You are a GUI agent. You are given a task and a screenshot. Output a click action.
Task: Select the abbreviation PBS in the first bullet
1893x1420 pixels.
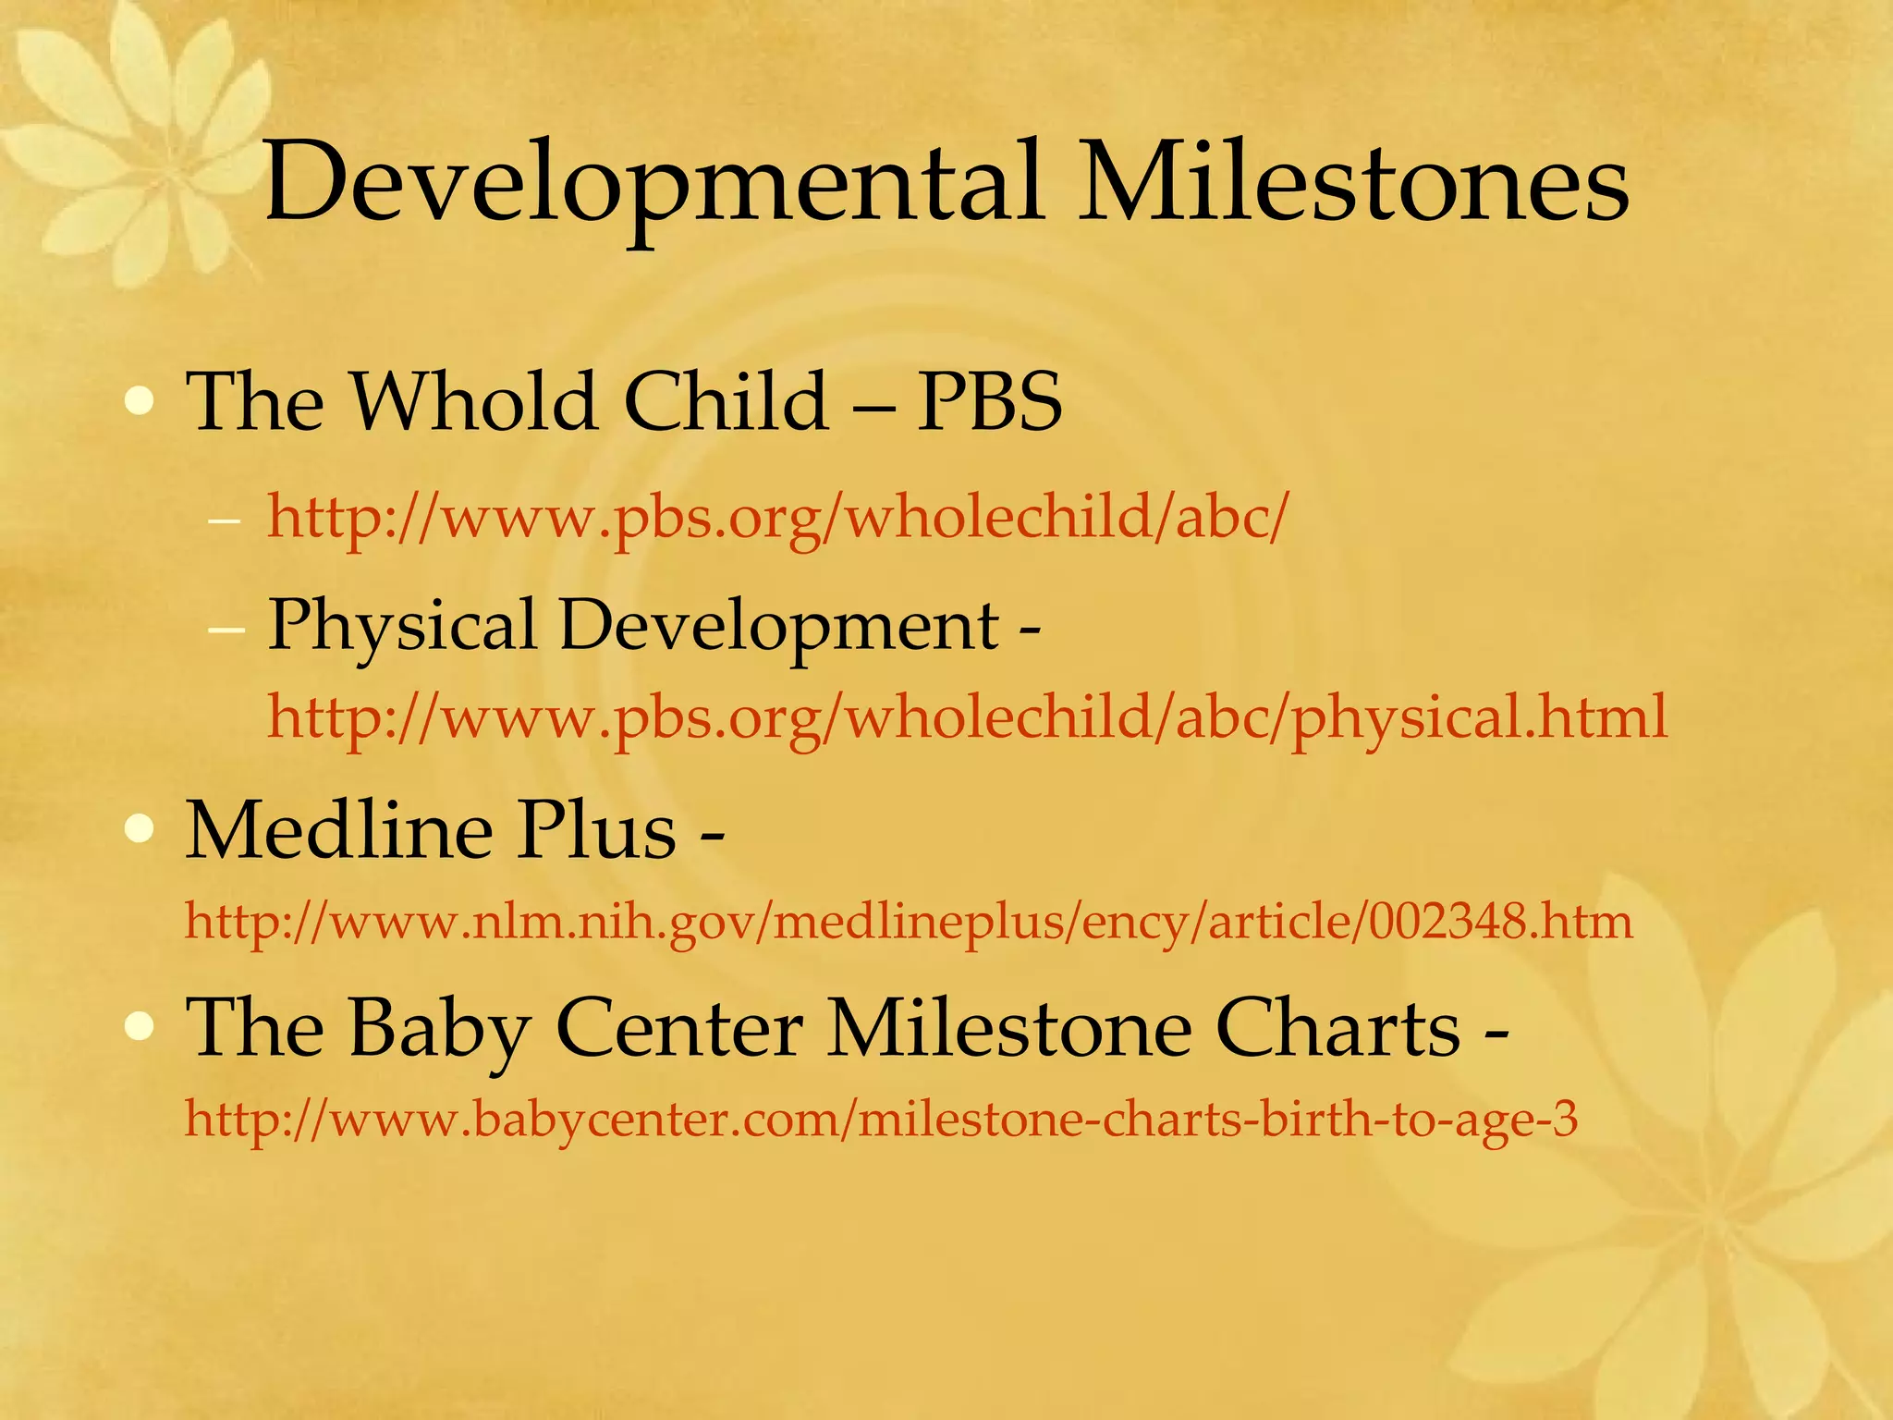pos(989,403)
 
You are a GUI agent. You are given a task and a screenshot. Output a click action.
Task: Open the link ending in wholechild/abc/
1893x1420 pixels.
pos(776,518)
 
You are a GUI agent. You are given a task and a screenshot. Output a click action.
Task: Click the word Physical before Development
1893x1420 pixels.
pos(402,627)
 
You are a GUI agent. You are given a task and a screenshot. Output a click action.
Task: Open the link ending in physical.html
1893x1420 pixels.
pos(967,717)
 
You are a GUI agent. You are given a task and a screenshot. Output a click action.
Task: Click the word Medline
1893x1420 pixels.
pos(338,830)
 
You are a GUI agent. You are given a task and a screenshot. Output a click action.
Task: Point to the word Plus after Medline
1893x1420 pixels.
pos(596,830)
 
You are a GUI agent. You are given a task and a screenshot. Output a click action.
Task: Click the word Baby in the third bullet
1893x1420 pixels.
pos(440,1030)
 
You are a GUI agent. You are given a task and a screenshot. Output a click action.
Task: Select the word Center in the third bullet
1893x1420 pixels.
pos(680,1030)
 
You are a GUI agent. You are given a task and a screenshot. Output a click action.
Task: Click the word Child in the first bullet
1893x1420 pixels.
pos(727,403)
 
